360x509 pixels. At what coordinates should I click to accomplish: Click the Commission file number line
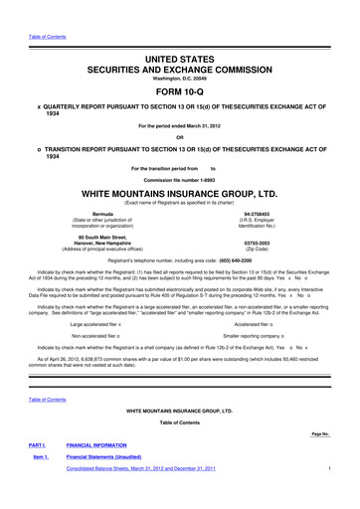tap(180, 178)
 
